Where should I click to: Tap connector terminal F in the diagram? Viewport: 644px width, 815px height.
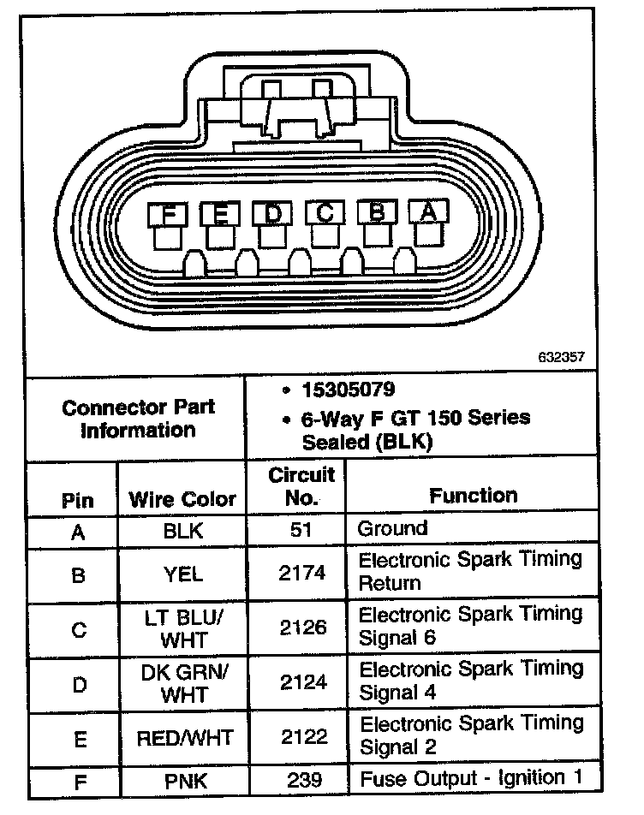[x=168, y=213]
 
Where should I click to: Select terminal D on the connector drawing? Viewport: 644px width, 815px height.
[x=272, y=213]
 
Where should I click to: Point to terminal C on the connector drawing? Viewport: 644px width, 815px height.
[x=325, y=213]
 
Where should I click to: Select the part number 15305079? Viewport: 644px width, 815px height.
[x=348, y=390]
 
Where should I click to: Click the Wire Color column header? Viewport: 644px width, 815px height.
[x=182, y=499]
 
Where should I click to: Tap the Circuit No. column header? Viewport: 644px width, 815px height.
[x=301, y=486]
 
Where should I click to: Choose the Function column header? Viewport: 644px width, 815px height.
[x=473, y=496]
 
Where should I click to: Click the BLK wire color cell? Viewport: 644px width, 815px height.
[x=182, y=531]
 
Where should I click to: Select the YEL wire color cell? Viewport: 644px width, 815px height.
[x=182, y=574]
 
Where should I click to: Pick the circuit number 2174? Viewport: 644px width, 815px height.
[x=302, y=574]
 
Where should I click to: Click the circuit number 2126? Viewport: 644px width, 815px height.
[x=302, y=628]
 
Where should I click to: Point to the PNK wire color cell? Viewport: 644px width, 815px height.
[x=183, y=781]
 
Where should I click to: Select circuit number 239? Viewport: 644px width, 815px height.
[x=302, y=780]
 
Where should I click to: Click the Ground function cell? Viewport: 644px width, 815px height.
[x=392, y=528]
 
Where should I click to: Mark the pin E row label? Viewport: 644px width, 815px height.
[x=78, y=738]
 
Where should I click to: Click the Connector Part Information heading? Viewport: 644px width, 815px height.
[x=137, y=418]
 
